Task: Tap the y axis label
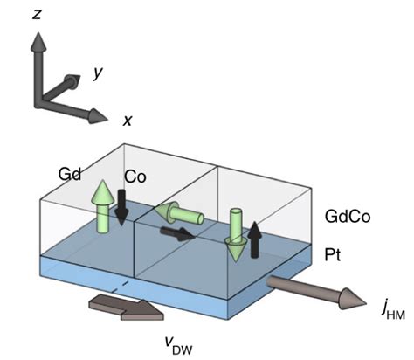coord(99,73)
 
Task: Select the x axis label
coord(128,121)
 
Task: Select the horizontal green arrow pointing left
coord(179,214)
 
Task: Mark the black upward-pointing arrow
coord(253,237)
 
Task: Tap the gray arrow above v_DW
coord(124,308)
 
